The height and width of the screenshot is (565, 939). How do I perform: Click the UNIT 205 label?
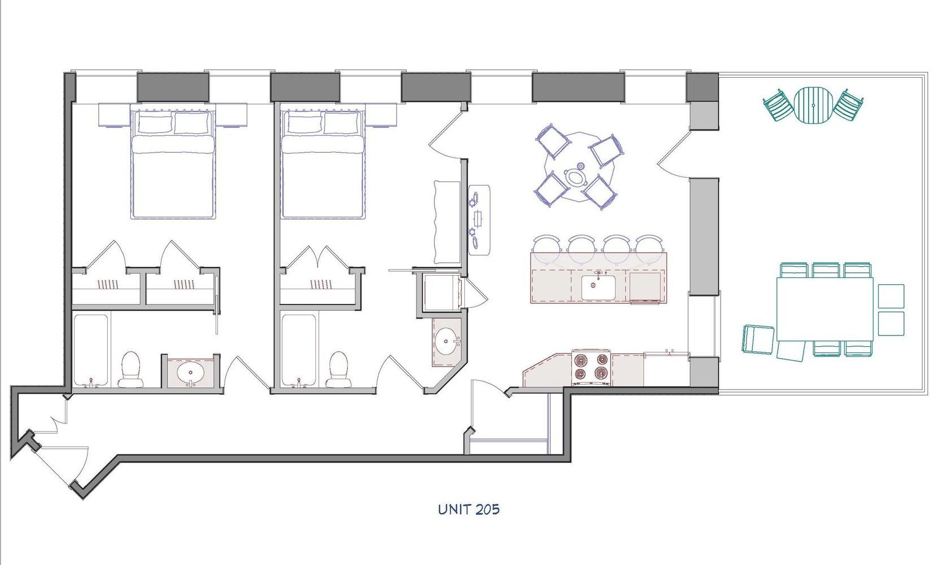point(468,509)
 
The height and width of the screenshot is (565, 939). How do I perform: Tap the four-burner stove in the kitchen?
point(591,368)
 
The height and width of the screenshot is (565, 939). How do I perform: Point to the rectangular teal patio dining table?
point(824,308)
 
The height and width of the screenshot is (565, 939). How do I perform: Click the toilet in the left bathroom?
point(131,370)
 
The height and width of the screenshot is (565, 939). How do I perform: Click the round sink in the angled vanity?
point(447,341)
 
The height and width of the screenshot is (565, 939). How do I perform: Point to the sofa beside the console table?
point(447,222)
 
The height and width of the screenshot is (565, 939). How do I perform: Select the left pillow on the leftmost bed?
point(154,123)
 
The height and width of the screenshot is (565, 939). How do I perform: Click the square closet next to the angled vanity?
point(440,292)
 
